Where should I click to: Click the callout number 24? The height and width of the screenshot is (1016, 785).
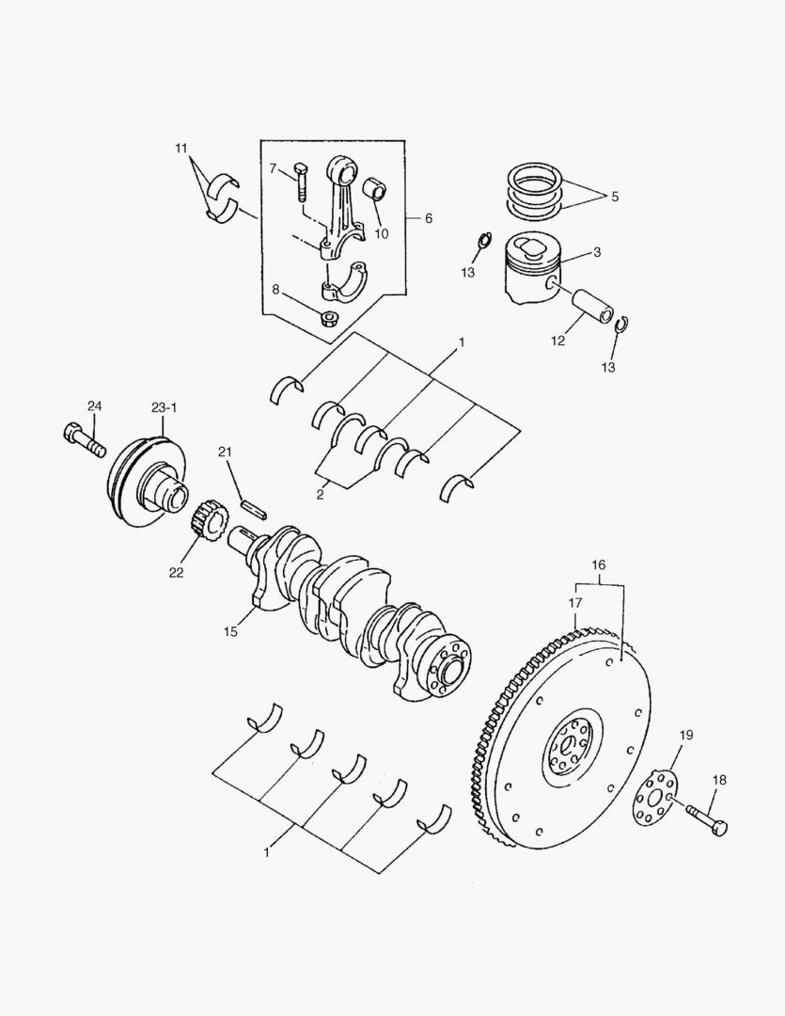point(94,406)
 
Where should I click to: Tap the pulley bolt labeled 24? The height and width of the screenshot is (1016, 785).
point(84,439)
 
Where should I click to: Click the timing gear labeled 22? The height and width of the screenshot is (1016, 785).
point(209,522)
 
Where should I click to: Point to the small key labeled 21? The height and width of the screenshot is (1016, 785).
point(255,507)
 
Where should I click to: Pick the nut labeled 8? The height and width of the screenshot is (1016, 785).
point(330,317)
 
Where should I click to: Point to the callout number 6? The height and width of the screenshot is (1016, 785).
point(428,218)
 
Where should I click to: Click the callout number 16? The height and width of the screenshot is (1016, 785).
point(599,565)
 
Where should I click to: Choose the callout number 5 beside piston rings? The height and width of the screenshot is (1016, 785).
point(614,198)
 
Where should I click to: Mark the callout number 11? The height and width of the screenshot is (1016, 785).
point(181,149)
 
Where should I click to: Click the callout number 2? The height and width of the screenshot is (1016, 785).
point(321,491)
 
